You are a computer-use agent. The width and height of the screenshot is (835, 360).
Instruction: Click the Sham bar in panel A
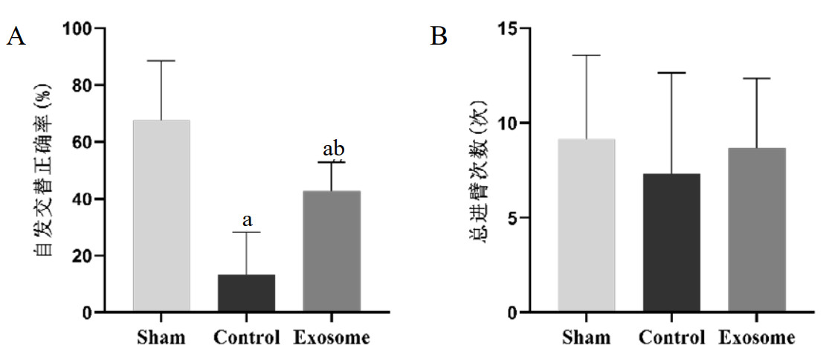[161, 216]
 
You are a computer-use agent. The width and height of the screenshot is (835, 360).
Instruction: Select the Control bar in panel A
[246, 293]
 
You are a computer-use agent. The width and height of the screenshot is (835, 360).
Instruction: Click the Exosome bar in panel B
[757, 230]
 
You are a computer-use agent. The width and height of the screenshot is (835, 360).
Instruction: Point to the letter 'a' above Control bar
[247, 220]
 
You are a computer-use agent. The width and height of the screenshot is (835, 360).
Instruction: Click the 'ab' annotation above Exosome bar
[333, 148]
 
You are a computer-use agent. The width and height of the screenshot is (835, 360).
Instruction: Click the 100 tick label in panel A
[77, 28]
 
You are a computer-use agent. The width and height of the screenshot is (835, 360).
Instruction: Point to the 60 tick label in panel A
[83, 142]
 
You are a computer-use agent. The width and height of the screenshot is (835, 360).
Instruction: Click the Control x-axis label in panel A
[246, 338]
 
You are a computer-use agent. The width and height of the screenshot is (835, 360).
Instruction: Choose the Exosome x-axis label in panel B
[756, 338]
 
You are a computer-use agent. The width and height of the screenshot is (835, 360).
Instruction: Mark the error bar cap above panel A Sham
[161, 61]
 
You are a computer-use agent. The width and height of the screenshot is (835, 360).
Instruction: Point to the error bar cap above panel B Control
[671, 73]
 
